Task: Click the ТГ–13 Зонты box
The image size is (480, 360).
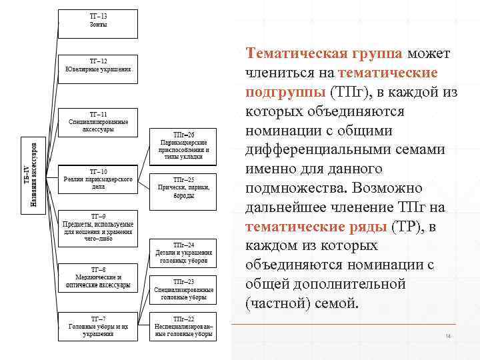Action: [98, 23]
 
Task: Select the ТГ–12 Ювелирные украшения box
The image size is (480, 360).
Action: [98, 68]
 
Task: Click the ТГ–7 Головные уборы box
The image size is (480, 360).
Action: [98, 327]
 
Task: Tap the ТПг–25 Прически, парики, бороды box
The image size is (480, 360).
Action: [183, 189]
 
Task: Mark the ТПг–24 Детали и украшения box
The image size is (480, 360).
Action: [183, 253]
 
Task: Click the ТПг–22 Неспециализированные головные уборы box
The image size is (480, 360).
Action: [183, 327]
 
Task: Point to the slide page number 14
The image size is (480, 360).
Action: [449, 336]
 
